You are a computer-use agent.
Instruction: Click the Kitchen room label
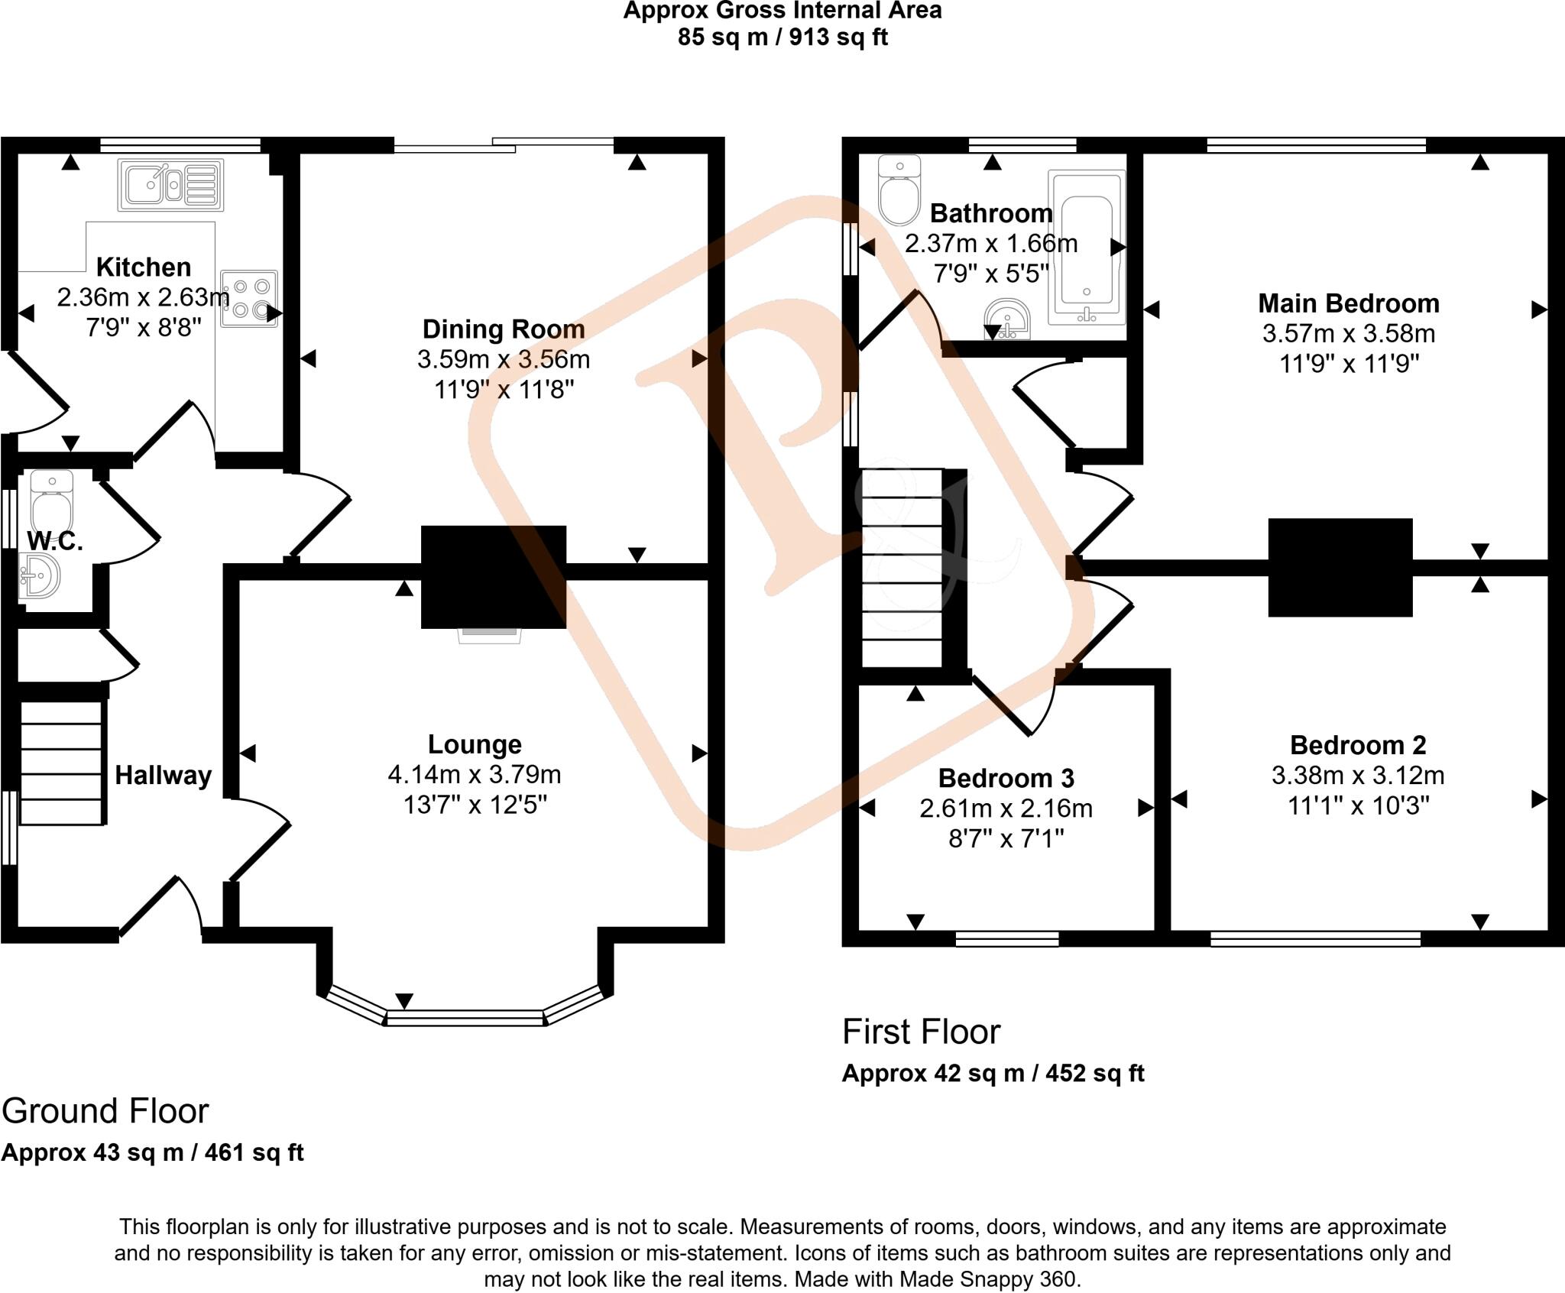(x=144, y=267)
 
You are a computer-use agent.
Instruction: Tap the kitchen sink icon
(x=170, y=185)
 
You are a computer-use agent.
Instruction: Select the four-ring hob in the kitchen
(x=249, y=298)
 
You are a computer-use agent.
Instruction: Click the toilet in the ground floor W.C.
(x=51, y=498)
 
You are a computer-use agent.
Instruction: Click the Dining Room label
(x=504, y=329)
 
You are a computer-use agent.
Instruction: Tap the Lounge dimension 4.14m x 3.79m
(x=475, y=774)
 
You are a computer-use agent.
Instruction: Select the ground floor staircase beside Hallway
(x=61, y=763)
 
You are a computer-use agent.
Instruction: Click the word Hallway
(x=163, y=776)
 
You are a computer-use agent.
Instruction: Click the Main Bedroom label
(x=1349, y=303)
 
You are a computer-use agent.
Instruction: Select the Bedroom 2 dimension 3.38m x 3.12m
(x=1357, y=776)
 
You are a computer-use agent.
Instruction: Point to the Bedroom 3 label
(x=1006, y=778)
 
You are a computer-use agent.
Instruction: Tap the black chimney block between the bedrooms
(x=1340, y=567)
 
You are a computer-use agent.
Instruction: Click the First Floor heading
(x=921, y=1032)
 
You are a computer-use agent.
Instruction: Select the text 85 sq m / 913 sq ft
(x=782, y=37)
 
